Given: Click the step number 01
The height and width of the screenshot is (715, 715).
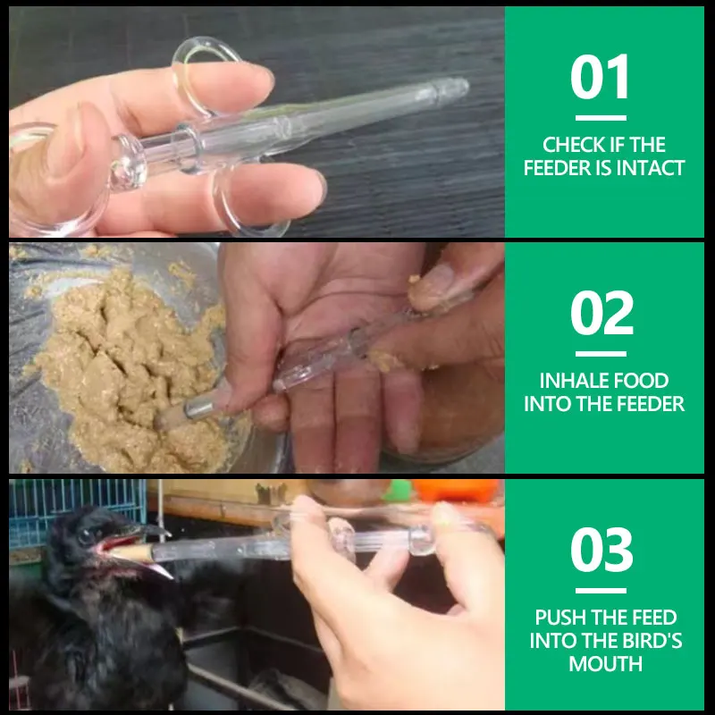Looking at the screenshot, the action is [600, 76].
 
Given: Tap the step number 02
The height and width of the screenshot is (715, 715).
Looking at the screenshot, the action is [601, 312].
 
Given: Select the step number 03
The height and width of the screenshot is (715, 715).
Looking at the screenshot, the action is [601, 549].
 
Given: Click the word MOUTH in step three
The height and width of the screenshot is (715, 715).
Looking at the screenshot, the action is [606, 663].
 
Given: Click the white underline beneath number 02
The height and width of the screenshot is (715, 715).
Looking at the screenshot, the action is [601, 354].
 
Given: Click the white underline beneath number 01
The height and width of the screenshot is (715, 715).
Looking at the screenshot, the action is [601, 118].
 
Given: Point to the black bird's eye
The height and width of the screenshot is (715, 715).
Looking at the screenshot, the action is [85, 536].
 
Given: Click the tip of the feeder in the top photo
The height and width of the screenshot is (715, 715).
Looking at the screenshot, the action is [460, 85].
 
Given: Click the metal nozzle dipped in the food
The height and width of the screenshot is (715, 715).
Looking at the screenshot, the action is [199, 407].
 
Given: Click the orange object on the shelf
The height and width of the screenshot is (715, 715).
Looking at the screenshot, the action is [456, 490].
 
